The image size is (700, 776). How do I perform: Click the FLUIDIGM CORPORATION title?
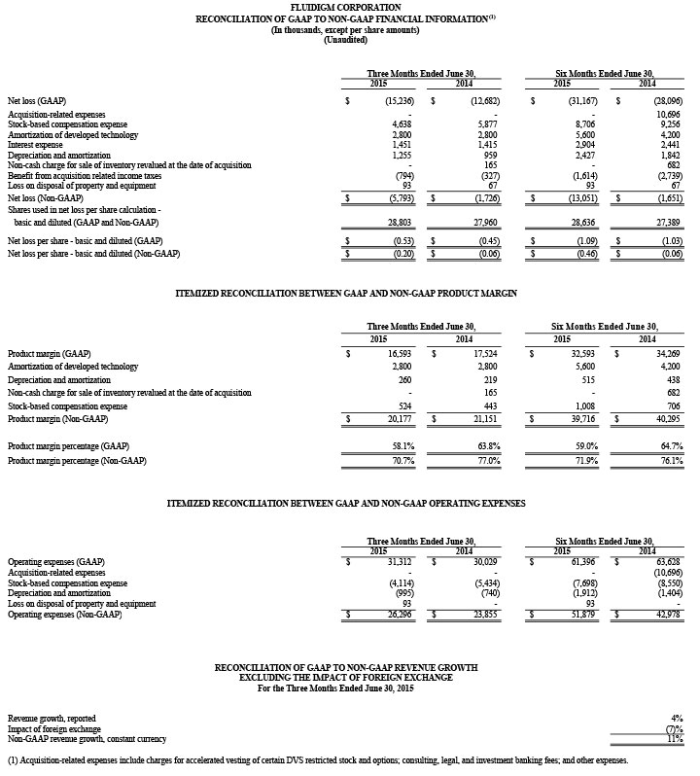click(349, 8)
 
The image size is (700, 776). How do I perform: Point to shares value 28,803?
click(401, 223)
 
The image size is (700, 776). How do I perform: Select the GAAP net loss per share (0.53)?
click(401, 241)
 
